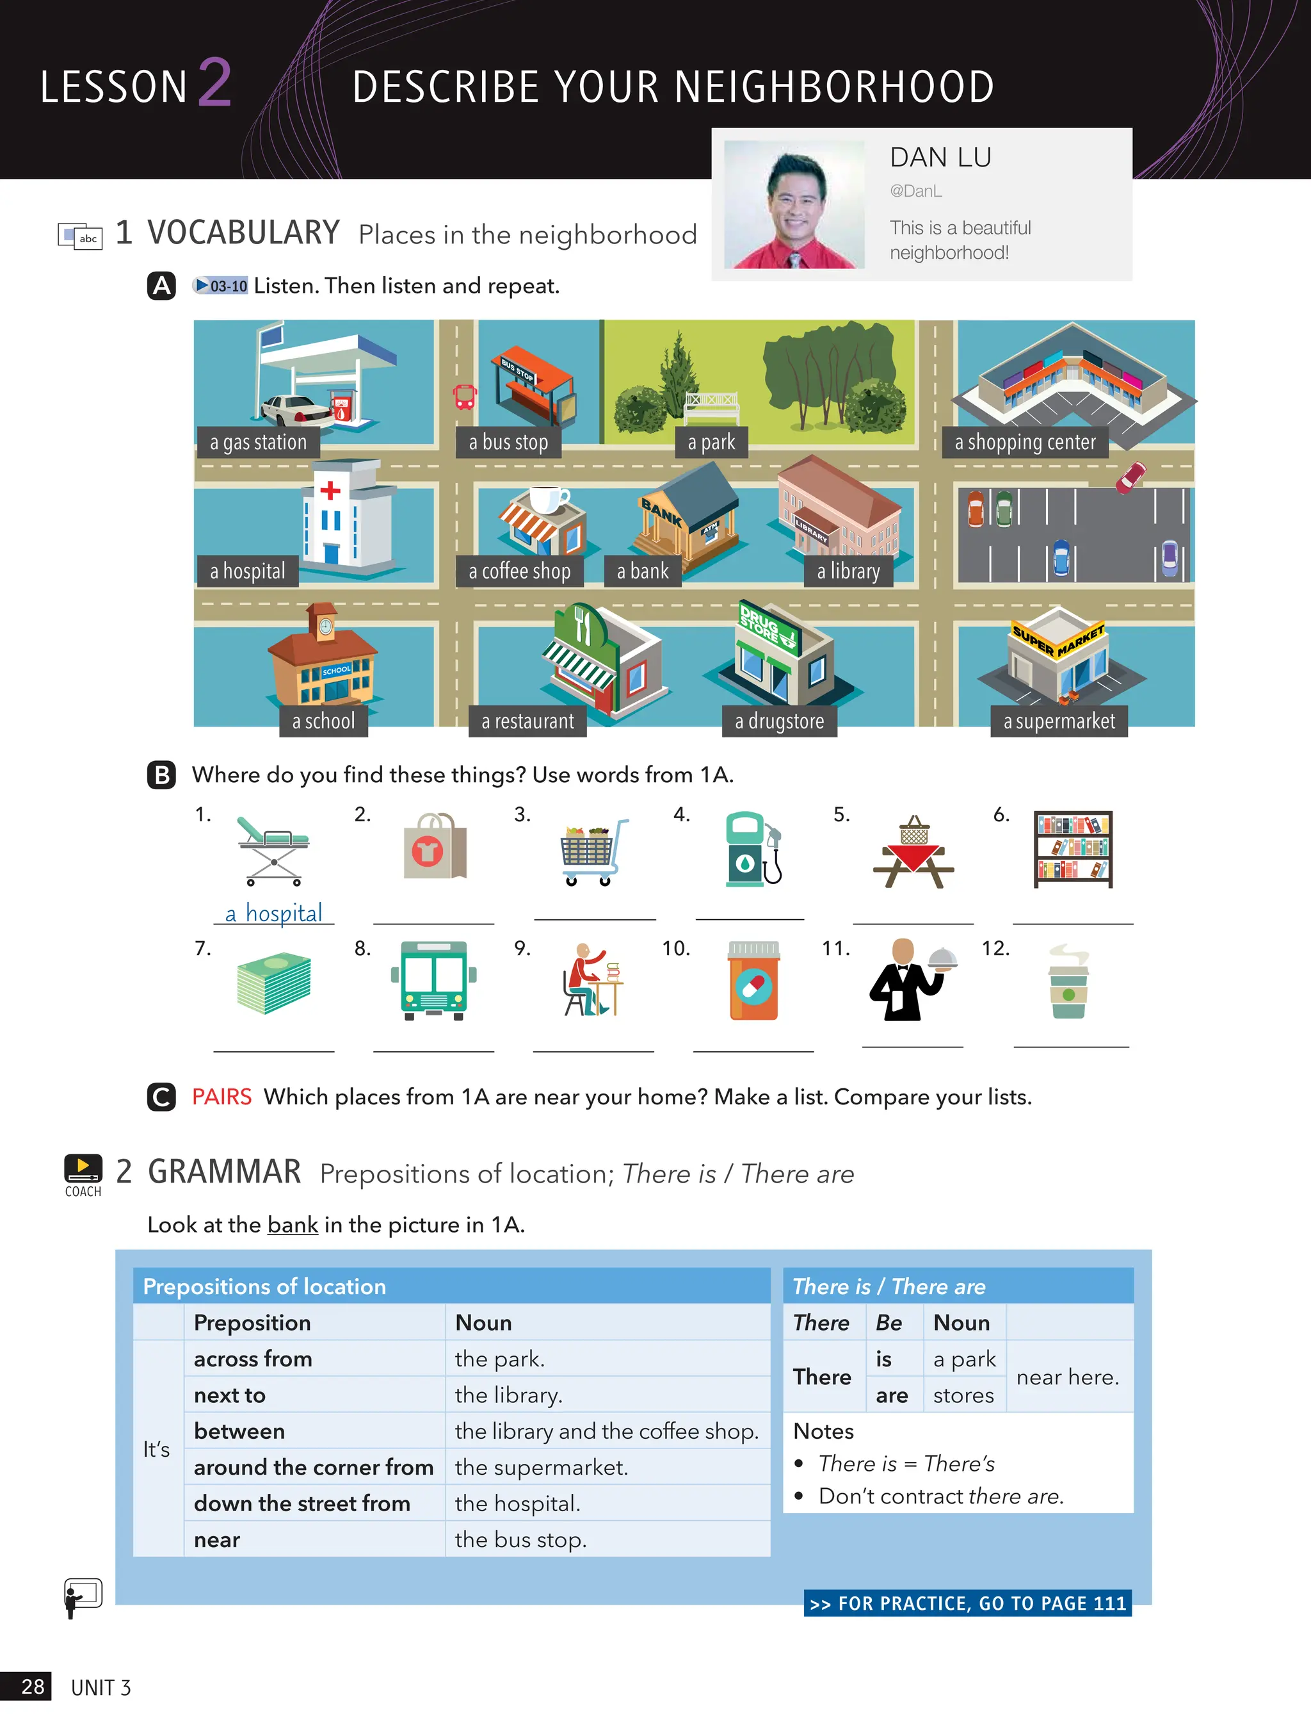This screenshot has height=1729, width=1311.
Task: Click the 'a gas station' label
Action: click(258, 443)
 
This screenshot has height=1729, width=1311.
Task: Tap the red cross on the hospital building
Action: click(330, 490)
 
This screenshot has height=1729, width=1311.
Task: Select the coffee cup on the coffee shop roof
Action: click(547, 498)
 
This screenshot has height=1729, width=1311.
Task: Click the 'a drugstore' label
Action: click(779, 721)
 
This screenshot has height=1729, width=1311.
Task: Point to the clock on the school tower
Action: click(325, 625)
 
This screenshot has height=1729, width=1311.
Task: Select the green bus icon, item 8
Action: click(433, 980)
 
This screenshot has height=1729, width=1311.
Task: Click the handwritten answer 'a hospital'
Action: click(273, 913)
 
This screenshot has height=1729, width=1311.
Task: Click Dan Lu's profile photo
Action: click(794, 205)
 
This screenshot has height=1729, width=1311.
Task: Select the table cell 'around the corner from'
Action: click(313, 1467)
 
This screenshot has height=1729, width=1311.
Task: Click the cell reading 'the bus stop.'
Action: click(520, 1539)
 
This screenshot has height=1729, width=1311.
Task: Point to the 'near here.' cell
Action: click(1067, 1377)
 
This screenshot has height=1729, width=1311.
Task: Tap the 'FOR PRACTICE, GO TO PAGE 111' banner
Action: click(967, 1603)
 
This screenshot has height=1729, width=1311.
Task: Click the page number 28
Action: click(32, 1686)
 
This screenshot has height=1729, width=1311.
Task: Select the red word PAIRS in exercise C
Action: click(222, 1097)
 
